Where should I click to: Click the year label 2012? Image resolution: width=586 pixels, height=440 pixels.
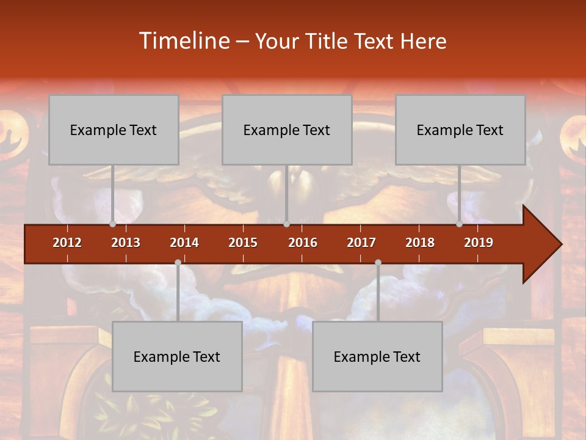(67, 243)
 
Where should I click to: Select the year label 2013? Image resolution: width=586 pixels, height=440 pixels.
(126, 243)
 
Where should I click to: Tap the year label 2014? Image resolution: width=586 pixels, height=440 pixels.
(184, 243)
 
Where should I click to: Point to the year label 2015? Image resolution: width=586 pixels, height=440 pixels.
(243, 243)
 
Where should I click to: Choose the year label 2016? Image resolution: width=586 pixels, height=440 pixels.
(303, 243)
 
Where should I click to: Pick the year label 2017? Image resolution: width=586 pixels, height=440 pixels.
(361, 243)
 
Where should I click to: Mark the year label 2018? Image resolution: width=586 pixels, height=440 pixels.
(420, 243)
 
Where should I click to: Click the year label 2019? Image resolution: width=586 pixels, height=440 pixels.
(479, 243)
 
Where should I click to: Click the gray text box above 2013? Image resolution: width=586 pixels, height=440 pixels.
(114, 130)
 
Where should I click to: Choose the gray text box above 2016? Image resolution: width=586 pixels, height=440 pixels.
(287, 130)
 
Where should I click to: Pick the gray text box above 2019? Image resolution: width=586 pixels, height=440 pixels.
(460, 130)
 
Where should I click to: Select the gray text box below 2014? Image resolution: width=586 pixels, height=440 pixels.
(177, 356)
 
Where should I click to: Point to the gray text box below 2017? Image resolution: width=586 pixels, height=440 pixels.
(377, 356)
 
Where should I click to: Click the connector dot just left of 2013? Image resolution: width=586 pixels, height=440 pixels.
(112, 224)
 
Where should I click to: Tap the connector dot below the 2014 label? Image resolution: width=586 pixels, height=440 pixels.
(178, 263)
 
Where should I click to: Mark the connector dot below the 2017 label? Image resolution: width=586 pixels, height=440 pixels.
(378, 263)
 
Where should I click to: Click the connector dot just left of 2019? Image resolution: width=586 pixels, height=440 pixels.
(459, 224)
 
